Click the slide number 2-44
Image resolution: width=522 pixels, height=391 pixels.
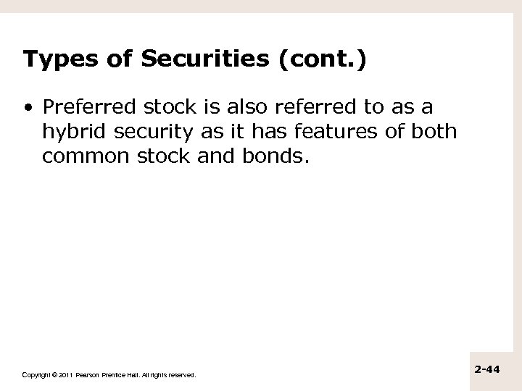(488, 369)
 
